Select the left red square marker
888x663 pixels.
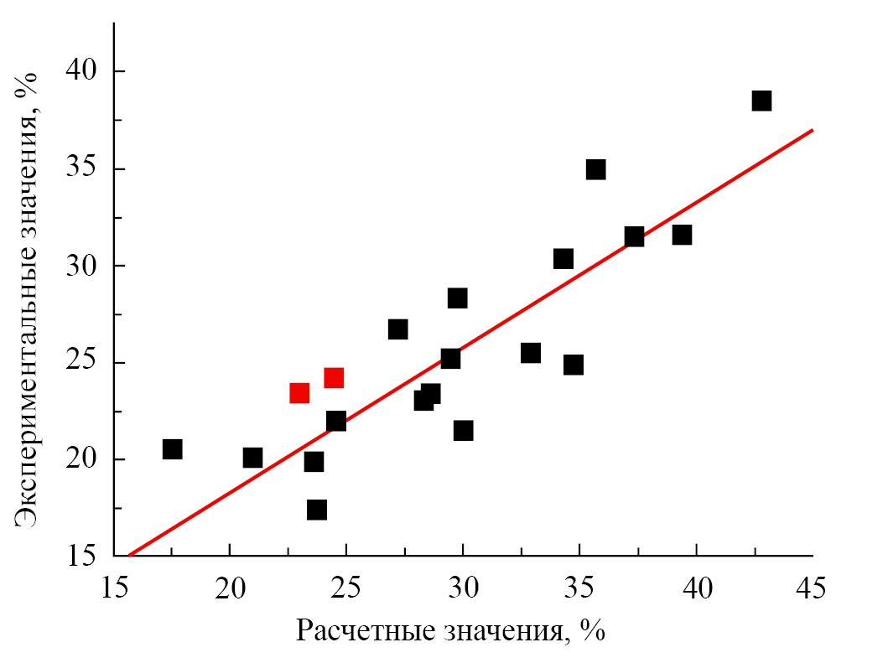[299, 393]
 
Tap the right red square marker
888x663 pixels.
[334, 378]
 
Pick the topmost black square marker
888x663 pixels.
[761, 101]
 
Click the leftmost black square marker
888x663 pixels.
[172, 449]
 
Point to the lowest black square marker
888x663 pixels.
[317, 510]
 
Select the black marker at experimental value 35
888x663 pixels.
[595, 169]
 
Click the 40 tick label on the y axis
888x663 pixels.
[83, 72]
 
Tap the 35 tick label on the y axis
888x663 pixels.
[83, 169]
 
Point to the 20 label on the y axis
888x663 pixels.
[83, 460]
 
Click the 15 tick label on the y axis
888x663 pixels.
[83, 557]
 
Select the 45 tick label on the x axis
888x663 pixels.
[811, 588]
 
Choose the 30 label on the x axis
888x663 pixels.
[462, 588]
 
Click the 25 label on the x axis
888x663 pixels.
[345, 588]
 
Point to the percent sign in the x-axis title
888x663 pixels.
[593, 630]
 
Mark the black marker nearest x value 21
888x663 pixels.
[252, 458]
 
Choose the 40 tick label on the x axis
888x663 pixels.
[696, 588]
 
